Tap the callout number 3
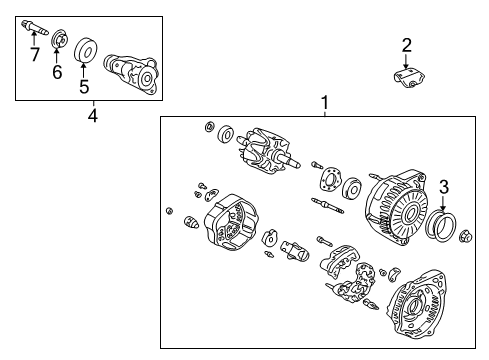click(x=445, y=185)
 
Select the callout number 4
click(x=92, y=117)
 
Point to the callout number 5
click(x=84, y=86)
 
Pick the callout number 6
click(x=57, y=72)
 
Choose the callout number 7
click(x=34, y=54)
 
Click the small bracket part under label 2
click(x=407, y=79)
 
